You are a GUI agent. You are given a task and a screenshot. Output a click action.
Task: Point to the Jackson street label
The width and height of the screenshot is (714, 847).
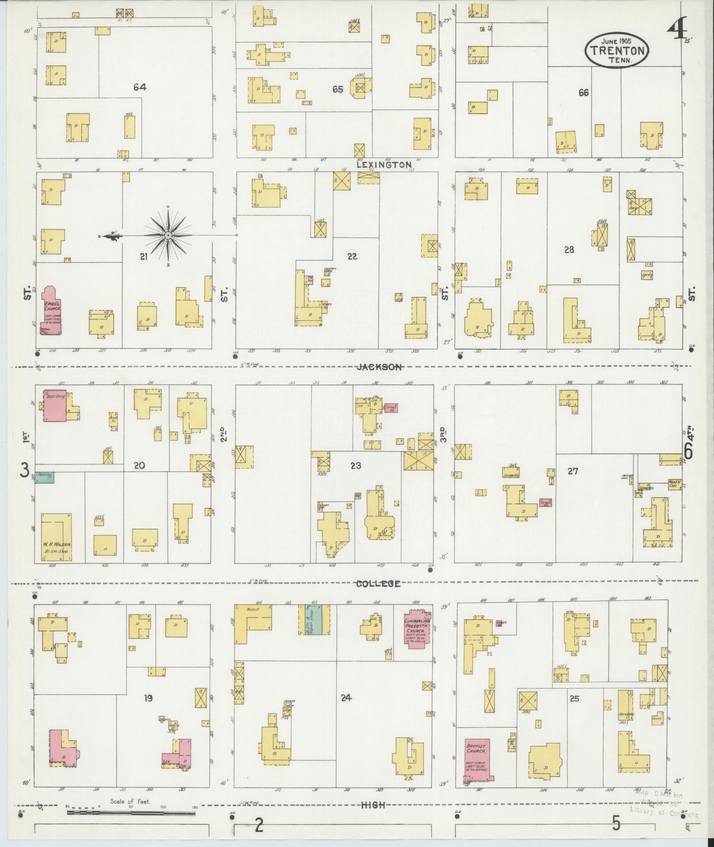pyautogui.click(x=380, y=367)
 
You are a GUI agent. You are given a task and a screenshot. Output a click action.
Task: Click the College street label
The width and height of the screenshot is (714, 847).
pyautogui.click(x=378, y=584)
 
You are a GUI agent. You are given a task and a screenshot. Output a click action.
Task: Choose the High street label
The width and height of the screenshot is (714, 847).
pyautogui.click(x=373, y=805)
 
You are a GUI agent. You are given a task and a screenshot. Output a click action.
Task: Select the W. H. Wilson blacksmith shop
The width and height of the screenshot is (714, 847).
pyautogui.click(x=57, y=537)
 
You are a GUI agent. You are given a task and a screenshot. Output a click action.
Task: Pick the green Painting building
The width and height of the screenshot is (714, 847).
pyautogui.click(x=45, y=477)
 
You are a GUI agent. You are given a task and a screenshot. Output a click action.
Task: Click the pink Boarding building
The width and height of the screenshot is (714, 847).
pyautogui.click(x=55, y=405)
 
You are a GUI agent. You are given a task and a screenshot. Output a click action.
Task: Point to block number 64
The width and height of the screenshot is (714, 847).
pyautogui.click(x=140, y=87)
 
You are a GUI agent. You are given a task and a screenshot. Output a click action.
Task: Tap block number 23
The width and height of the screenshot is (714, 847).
pyautogui.click(x=355, y=465)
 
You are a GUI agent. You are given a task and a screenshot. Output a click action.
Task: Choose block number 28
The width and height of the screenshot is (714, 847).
pyautogui.click(x=569, y=250)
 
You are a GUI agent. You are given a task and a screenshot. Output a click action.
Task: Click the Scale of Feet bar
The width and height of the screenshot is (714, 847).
pyautogui.click(x=131, y=812)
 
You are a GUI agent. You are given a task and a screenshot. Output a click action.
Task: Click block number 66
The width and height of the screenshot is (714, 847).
pyautogui.click(x=583, y=93)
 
